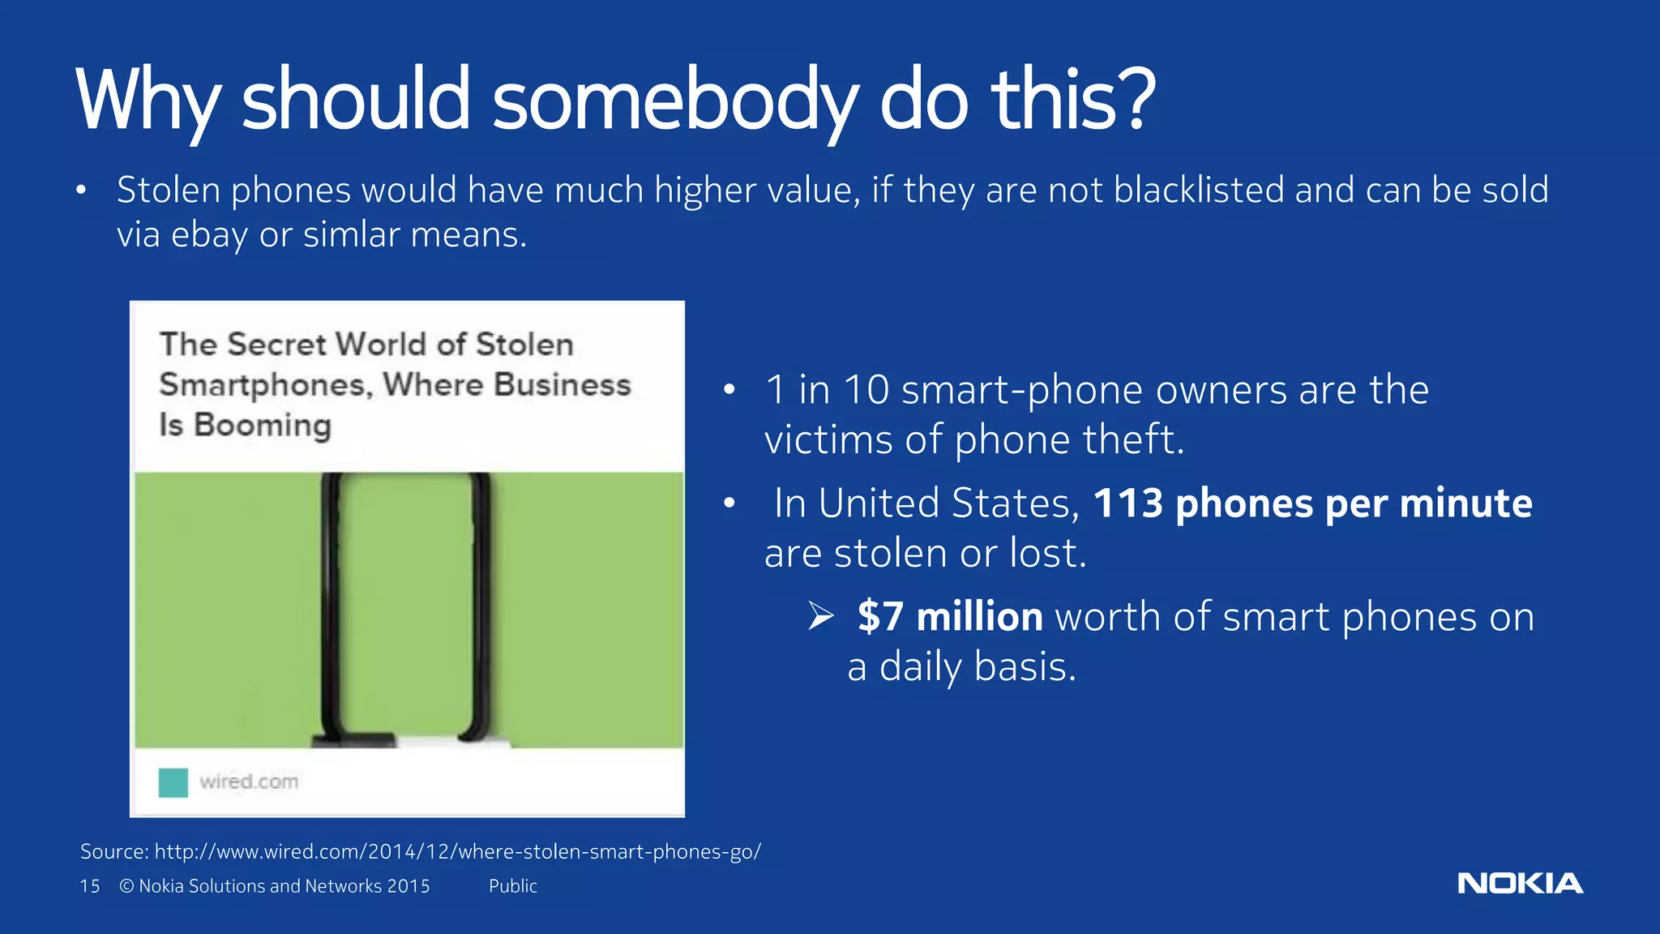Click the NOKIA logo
(x=1520, y=883)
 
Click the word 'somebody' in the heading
(x=674, y=101)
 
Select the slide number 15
(x=89, y=886)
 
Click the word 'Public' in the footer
(x=512, y=886)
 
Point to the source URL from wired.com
(x=457, y=851)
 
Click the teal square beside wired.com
(x=173, y=782)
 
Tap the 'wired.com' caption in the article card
(x=249, y=782)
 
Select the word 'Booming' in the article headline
(x=263, y=426)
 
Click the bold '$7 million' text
(x=950, y=617)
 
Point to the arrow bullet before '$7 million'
(x=820, y=617)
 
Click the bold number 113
(x=1127, y=503)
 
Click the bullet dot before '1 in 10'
(x=729, y=391)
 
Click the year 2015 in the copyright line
(x=408, y=886)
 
